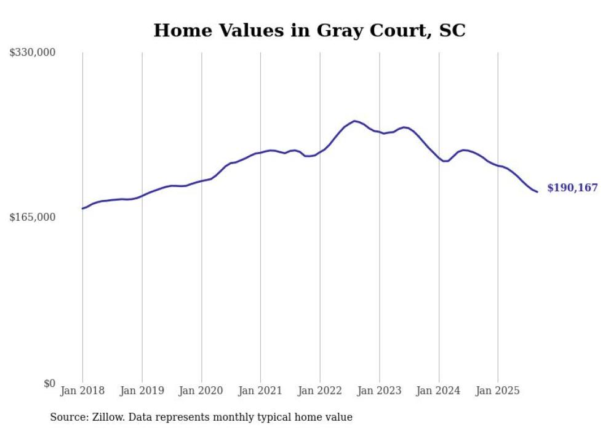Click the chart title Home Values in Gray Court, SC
click(x=309, y=30)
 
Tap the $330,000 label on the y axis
click(x=33, y=53)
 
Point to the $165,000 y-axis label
click(x=33, y=218)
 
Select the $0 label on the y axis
click(x=49, y=383)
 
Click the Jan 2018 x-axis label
click(x=82, y=391)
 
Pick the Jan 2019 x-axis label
click(x=142, y=391)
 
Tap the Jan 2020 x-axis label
click(x=201, y=391)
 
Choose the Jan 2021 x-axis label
click(x=261, y=391)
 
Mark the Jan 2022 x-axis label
click(x=320, y=391)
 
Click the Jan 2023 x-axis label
click(x=380, y=391)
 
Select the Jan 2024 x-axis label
click(x=439, y=391)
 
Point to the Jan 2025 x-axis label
click(x=498, y=391)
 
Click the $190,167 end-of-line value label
click(x=572, y=188)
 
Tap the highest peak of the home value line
click(x=354, y=121)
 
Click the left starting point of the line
click(x=82, y=209)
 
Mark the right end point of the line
click(x=537, y=192)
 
